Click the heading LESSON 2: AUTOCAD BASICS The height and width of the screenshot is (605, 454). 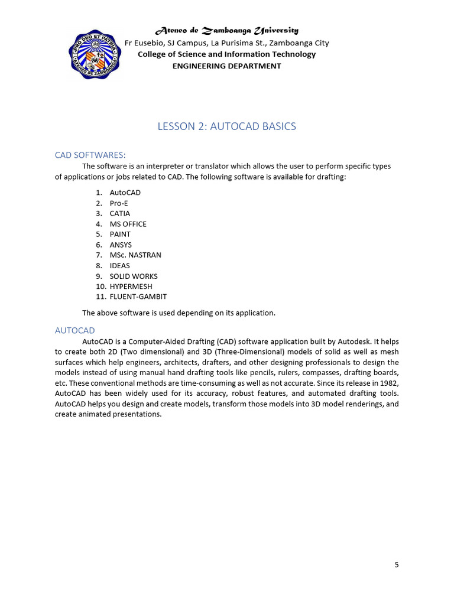(226, 126)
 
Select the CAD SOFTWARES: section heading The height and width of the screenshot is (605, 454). (90, 155)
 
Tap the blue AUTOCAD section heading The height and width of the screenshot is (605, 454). (74, 330)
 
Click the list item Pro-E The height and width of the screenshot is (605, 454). (119, 203)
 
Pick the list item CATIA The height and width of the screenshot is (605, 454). (120, 213)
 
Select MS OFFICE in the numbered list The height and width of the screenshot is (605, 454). (128, 224)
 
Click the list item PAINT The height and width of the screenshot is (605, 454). (120, 234)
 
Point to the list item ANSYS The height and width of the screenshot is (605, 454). (121, 245)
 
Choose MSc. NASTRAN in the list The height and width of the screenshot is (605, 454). (135, 255)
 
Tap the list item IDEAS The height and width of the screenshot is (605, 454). (119, 265)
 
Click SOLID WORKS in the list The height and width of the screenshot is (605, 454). (134, 276)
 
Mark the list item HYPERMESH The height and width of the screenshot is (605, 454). (131, 287)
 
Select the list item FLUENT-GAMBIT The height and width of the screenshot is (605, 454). (138, 297)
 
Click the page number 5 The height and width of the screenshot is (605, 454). (397, 565)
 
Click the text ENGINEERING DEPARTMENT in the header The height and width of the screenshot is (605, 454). (226, 66)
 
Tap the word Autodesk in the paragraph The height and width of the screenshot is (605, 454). (352, 341)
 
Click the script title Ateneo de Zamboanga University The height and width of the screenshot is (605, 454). (226, 30)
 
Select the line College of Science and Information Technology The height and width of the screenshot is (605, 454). (226, 54)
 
